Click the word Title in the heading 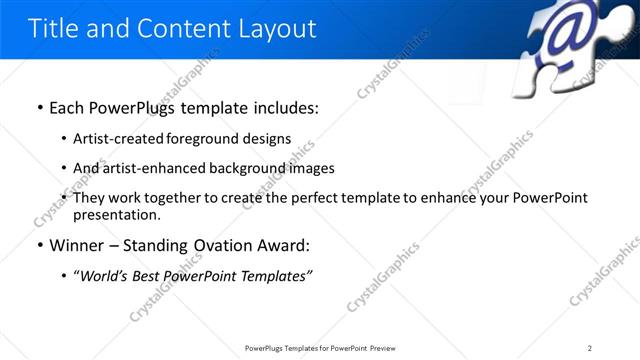51,28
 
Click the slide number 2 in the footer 590,347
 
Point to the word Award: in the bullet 284,244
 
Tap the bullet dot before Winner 39,245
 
